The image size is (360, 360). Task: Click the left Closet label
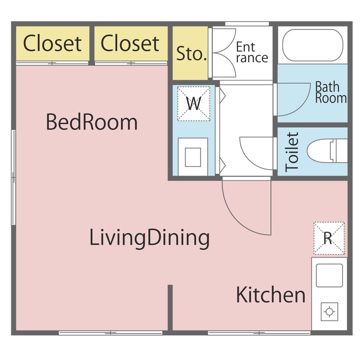pos(52,43)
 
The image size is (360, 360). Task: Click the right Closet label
pos(130,43)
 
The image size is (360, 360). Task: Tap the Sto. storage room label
pos(191,54)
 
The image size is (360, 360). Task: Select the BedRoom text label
pos(92,122)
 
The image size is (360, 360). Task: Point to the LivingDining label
pos(150,238)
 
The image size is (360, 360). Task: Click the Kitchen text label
pos(271,295)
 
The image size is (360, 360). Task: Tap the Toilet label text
pos(292,152)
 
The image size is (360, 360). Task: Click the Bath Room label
pos(330,92)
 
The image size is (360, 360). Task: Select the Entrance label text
pos(252,52)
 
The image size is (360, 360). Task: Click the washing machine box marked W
pos(195,103)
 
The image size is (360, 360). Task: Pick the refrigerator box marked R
pos(329,238)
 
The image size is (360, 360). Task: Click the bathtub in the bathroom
pos(312,45)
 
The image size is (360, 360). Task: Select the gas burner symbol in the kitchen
pos(329,311)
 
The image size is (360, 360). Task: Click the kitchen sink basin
pos(329,275)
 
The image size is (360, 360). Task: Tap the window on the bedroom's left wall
pos(14,177)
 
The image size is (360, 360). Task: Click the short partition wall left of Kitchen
pos(170,308)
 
